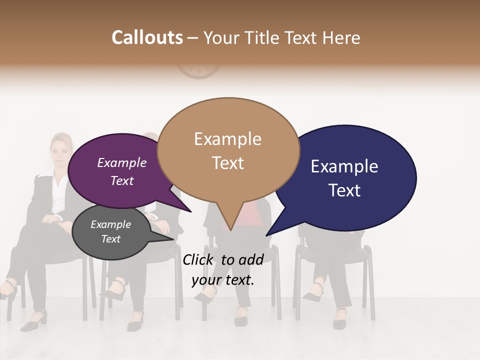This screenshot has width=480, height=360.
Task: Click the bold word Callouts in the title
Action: pyautogui.click(x=147, y=37)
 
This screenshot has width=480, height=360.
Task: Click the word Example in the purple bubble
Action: pyautogui.click(x=121, y=163)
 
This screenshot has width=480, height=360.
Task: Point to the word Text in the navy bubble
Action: pyautogui.click(x=345, y=190)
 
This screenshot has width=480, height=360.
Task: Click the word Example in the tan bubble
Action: pyautogui.click(x=227, y=139)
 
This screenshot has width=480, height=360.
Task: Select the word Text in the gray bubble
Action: pyautogui.click(x=111, y=239)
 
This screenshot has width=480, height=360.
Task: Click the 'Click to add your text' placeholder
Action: pyautogui.click(x=223, y=270)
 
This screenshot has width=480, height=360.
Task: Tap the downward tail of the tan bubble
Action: pyautogui.click(x=229, y=220)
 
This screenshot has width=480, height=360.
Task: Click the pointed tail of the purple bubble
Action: pyautogui.click(x=182, y=206)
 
